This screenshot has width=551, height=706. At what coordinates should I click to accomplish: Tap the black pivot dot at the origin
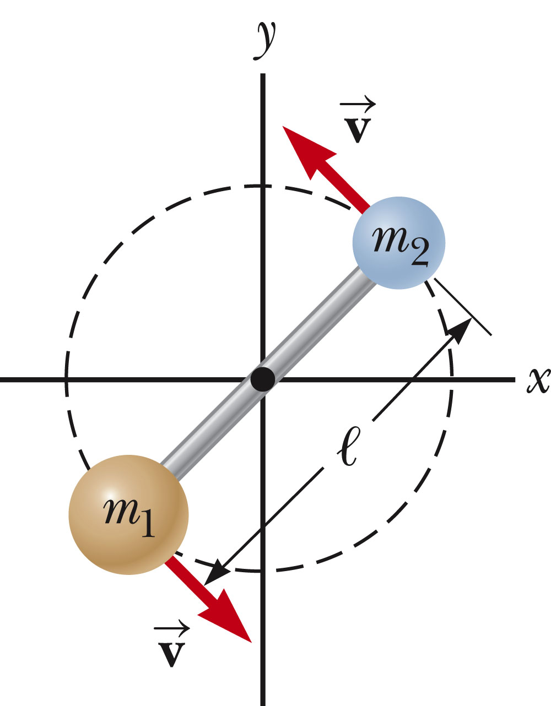(262, 379)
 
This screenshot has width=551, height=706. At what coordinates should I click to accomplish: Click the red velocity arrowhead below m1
(229, 617)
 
